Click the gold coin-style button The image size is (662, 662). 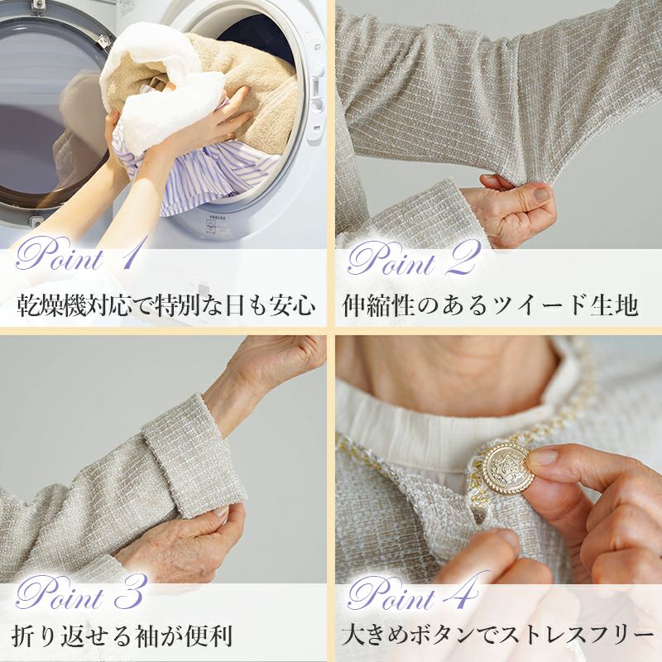click(x=506, y=468)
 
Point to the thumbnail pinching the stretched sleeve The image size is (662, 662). click(x=541, y=195)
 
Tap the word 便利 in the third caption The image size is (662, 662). click(x=209, y=636)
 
